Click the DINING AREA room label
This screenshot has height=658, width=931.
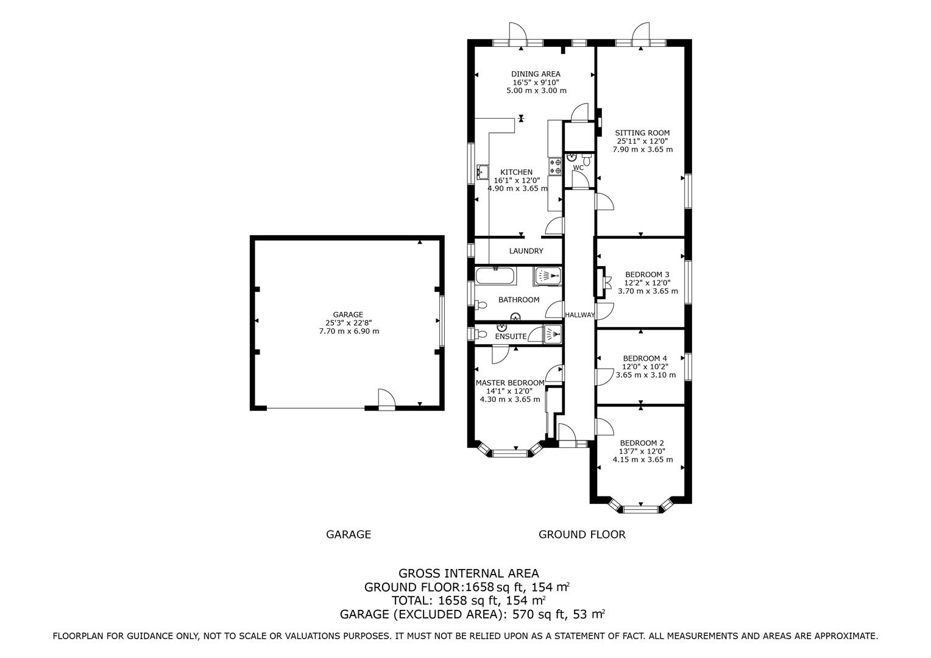pyautogui.click(x=536, y=74)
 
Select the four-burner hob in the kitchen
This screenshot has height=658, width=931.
pyautogui.click(x=555, y=166)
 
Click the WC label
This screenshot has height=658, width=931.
pyautogui.click(x=579, y=168)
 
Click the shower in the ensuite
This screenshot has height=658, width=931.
pyautogui.click(x=553, y=334)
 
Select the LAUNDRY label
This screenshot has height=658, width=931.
pyautogui.click(x=526, y=251)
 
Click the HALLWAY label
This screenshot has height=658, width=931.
pyautogui.click(x=580, y=315)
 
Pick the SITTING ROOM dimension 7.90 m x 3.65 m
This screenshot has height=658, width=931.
pyautogui.click(x=643, y=149)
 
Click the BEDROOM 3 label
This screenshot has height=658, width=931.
pyautogui.click(x=647, y=274)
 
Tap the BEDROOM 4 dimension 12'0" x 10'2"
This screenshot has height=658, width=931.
pyautogui.click(x=645, y=367)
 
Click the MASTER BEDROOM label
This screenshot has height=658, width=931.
pyautogui.click(x=510, y=383)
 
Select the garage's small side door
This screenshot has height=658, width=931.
pyautogui.click(x=386, y=400)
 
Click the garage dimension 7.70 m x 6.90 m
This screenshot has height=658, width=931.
pyautogui.click(x=349, y=331)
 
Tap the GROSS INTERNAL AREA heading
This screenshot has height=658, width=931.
pyautogui.click(x=469, y=573)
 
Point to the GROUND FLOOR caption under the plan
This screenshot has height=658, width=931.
pyautogui.click(x=582, y=534)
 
